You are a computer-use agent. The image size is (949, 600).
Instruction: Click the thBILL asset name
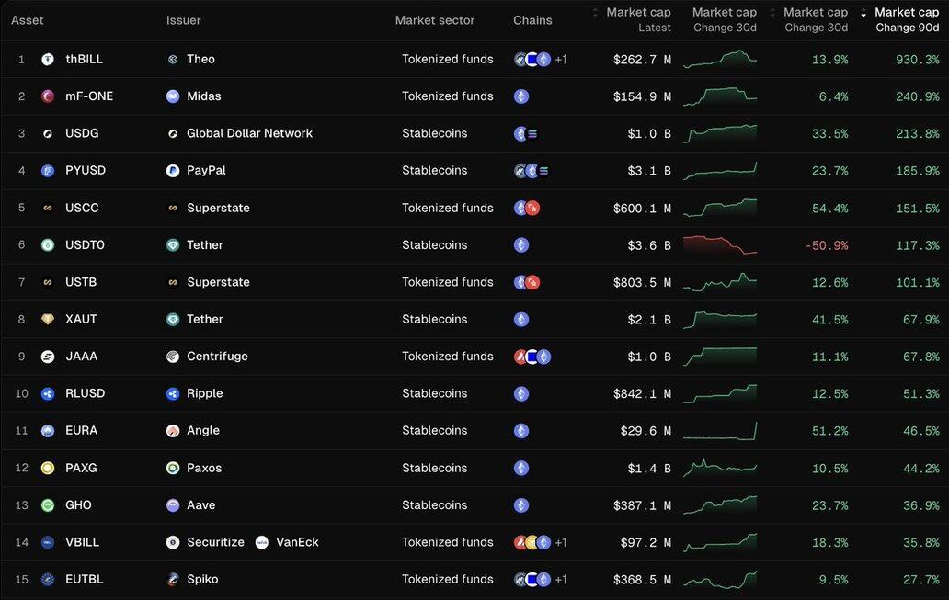click(84, 59)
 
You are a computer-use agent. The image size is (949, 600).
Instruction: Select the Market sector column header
click(435, 20)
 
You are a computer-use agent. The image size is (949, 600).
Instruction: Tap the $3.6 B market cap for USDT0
click(642, 245)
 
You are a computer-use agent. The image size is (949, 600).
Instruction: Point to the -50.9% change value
click(825, 245)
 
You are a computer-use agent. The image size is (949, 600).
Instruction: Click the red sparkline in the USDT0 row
click(720, 244)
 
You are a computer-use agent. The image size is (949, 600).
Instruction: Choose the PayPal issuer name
click(206, 170)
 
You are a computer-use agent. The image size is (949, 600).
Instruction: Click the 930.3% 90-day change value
click(917, 59)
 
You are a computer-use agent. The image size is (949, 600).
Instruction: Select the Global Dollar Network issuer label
click(249, 133)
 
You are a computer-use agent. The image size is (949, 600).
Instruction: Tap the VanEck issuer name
click(297, 542)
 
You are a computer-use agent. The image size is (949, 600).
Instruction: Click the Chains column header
click(532, 20)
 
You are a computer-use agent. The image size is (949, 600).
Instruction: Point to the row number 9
click(21, 357)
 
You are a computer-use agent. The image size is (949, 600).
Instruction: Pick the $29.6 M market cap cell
click(642, 430)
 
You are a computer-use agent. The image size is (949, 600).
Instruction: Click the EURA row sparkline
click(720, 429)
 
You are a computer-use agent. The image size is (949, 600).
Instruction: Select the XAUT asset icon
click(48, 319)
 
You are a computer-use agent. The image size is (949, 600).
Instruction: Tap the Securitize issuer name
click(215, 542)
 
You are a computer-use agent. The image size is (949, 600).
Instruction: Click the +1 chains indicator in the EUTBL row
click(561, 580)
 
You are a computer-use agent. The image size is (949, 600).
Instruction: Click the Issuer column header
click(183, 20)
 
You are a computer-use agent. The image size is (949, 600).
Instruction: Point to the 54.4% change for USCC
click(829, 208)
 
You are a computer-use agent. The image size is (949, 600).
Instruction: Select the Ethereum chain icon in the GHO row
click(521, 505)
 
